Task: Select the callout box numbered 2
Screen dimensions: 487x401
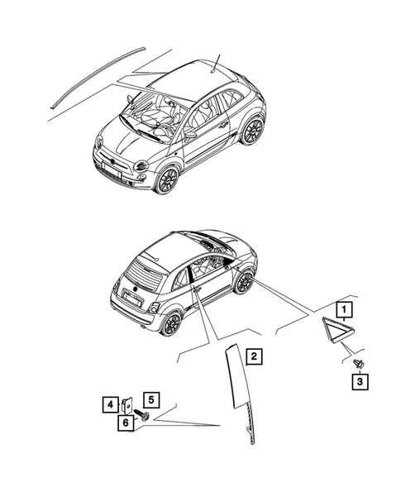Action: (x=255, y=357)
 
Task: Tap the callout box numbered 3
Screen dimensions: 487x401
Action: (x=360, y=382)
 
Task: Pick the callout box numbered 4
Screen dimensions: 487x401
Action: (x=110, y=405)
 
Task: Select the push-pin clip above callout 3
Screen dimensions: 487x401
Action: (x=357, y=363)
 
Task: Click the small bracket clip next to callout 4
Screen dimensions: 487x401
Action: (x=127, y=406)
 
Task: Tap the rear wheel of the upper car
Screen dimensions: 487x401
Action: (x=252, y=130)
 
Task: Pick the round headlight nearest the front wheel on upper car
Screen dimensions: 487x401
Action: (x=141, y=167)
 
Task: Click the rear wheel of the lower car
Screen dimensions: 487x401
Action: (x=171, y=323)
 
